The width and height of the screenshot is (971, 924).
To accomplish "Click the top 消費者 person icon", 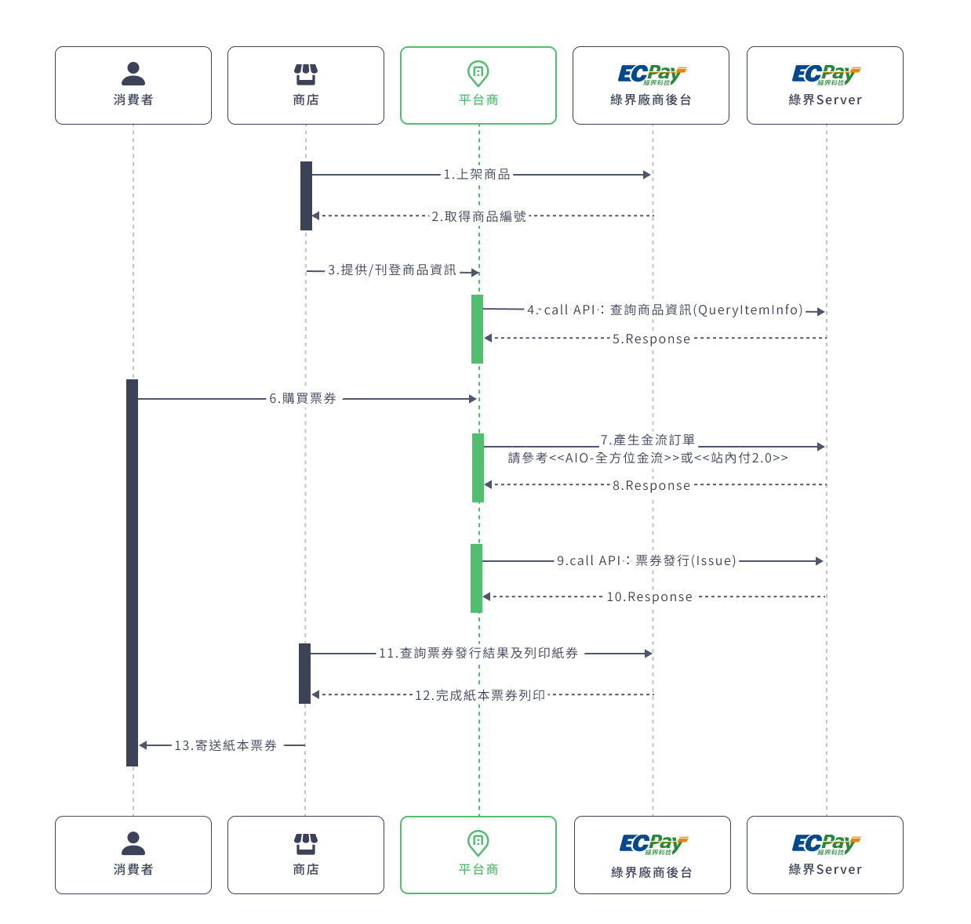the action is click(133, 74).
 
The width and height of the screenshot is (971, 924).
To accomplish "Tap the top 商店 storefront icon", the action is click(305, 74).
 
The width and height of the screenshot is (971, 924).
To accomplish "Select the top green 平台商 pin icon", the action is click(478, 74).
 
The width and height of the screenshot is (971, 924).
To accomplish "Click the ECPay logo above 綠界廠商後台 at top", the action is click(652, 75).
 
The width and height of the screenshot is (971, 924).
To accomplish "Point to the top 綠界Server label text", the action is click(824, 100).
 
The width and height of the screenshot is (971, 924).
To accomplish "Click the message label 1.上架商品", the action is click(476, 174).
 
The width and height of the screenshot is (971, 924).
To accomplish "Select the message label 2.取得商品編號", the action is click(478, 216).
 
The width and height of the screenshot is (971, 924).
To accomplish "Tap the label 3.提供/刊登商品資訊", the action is click(391, 270).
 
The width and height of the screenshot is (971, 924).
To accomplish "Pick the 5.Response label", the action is click(651, 339).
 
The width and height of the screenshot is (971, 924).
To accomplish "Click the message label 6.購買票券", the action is click(302, 398).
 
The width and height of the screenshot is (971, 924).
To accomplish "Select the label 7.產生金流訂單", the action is click(647, 440).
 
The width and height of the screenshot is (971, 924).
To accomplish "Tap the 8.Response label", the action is click(651, 485).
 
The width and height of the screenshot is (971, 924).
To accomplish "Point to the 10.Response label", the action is click(649, 596).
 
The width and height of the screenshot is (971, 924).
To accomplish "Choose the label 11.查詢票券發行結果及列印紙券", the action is click(478, 653).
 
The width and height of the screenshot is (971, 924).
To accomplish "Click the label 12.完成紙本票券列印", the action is click(479, 695).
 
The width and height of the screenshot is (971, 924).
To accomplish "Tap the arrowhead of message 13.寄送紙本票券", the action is click(142, 745).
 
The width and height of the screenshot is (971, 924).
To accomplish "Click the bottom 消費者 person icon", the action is click(133, 843).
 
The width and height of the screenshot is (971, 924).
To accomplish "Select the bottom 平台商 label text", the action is click(478, 869).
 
